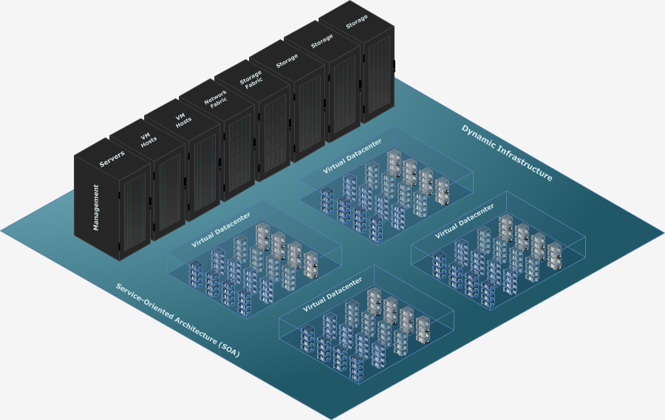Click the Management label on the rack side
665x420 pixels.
coord(96,207)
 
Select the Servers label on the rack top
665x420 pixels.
coord(112,158)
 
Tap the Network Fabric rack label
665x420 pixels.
coord(216,100)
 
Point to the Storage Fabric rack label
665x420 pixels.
coord(251,80)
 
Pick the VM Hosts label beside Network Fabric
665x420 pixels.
coord(181,119)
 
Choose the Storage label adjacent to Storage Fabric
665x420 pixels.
coord(287,61)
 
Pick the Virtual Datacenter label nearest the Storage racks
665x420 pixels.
coord(352,156)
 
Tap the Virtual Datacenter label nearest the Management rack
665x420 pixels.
coord(220,230)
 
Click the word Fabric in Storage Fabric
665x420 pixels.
coord(255,86)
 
